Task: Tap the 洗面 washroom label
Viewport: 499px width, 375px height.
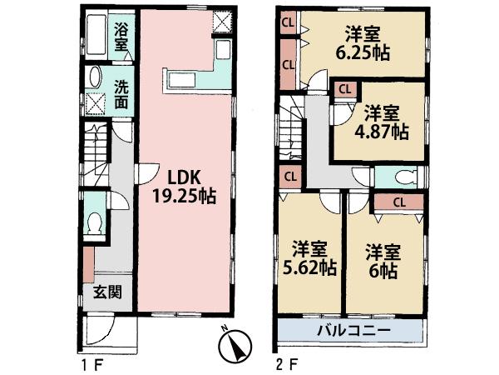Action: pos(121,93)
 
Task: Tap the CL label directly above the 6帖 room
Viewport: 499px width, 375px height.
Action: pos(398,201)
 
